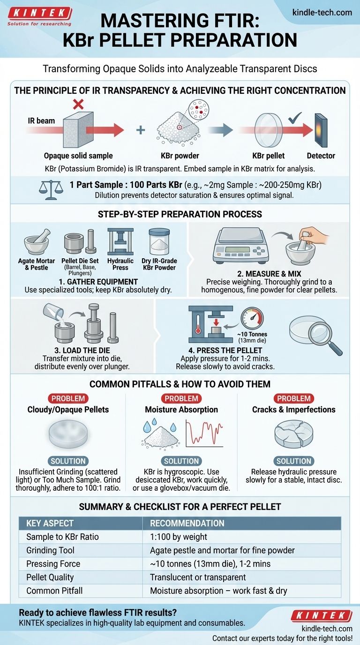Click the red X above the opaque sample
[78, 104]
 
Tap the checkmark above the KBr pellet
[295, 118]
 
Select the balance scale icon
[51, 190]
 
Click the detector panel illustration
[321, 130]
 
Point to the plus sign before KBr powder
[141, 130]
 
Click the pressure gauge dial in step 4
[252, 319]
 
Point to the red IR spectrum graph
[204, 433]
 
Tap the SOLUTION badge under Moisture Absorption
[181, 461]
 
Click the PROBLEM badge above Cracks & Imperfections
[294, 398]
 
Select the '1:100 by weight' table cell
[179, 537]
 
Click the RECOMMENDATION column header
[187, 523]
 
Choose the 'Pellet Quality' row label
[50, 577]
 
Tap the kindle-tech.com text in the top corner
[322, 13]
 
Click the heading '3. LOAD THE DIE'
[82, 351]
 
